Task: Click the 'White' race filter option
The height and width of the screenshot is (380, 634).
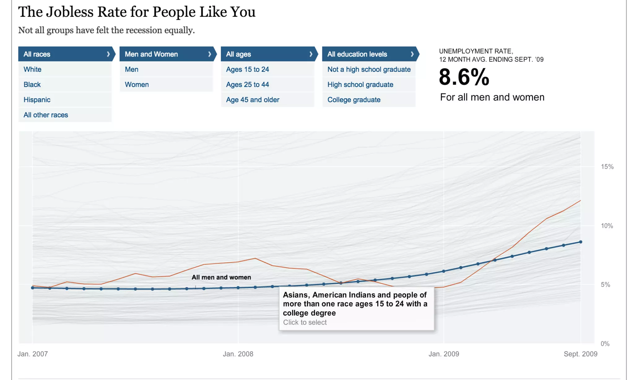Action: (33, 69)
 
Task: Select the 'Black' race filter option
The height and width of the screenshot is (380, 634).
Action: (32, 84)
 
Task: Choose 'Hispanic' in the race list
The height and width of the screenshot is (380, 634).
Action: (37, 100)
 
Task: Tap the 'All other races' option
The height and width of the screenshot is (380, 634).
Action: (46, 115)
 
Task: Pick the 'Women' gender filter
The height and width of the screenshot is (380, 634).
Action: (137, 84)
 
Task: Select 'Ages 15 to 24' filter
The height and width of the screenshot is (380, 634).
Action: (248, 69)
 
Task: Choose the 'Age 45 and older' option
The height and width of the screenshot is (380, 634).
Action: (253, 100)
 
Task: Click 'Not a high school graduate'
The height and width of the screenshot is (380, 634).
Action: (369, 69)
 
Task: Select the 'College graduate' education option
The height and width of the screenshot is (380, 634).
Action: (354, 100)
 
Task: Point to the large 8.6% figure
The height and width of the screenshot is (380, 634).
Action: (464, 77)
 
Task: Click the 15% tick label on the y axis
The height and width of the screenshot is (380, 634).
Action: (607, 167)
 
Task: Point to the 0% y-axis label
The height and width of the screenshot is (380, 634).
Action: (605, 344)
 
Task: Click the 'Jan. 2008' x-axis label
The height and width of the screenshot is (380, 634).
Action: (238, 354)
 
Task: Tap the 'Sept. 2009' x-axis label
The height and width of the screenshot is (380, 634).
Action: (580, 354)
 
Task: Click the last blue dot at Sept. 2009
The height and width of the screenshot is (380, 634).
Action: (581, 242)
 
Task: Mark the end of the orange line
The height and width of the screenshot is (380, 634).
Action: (580, 200)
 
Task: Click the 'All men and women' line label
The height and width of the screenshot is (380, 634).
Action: (221, 277)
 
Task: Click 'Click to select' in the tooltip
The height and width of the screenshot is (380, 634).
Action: (305, 322)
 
